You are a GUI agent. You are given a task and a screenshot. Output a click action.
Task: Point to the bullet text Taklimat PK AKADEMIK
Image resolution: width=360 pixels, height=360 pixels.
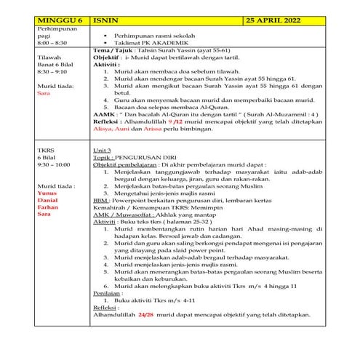point(145,42)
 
